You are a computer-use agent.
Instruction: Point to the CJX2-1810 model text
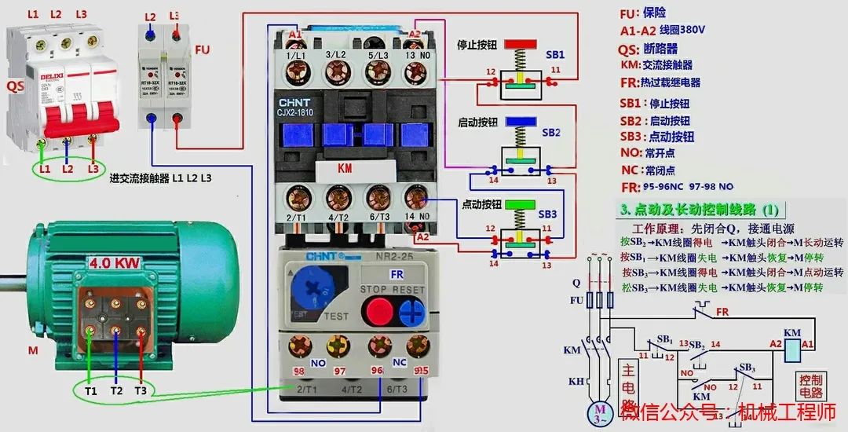click(x=305, y=112)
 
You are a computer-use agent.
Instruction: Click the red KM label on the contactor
click(x=345, y=168)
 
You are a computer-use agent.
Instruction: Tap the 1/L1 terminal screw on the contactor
click(x=297, y=74)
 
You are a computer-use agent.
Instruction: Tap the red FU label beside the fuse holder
click(x=202, y=49)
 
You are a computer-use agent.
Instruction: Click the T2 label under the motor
click(x=115, y=390)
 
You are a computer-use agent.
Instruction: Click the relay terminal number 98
click(x=298, y=371)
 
